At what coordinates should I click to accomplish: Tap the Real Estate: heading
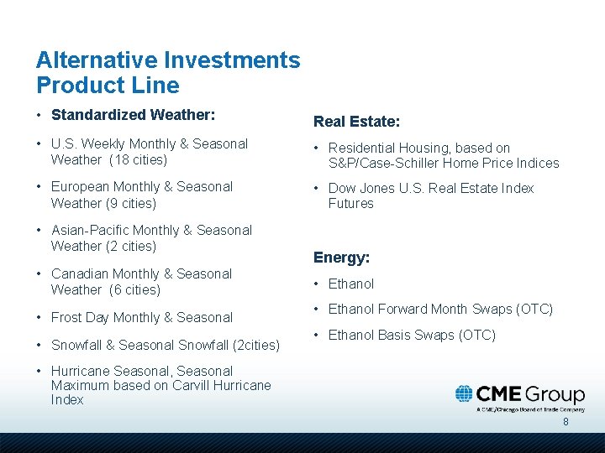(356, 122)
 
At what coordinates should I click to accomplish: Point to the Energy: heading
(341, 258)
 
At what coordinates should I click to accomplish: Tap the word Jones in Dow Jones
(377, 188)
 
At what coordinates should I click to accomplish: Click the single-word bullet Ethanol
(351, 284)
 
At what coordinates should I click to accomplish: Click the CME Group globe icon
(465, 393)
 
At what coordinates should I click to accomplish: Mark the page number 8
(566, 422)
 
